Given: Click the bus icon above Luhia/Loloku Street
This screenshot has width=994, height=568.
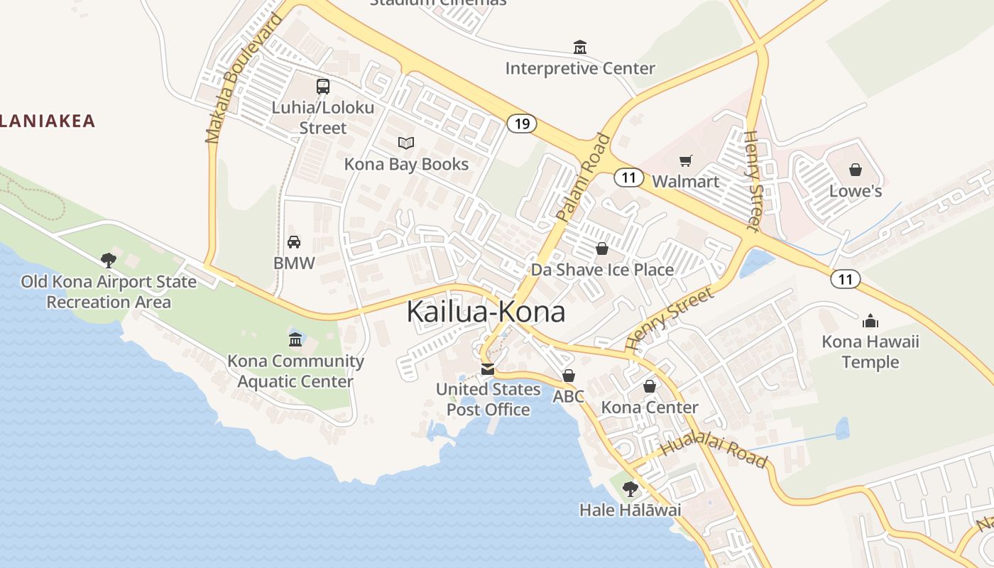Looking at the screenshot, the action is pyautogui.click(x=323, y=87).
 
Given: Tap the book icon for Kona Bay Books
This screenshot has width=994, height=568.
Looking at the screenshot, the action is pyautogui.click(x=405, y=143).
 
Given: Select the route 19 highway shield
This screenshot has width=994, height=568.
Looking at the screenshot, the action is pyautogui.click(x=522, y=124).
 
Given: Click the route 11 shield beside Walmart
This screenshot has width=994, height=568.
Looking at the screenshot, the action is pyautogui.click(x=628, y=177).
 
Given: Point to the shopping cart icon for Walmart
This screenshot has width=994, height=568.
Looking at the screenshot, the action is pyautogui.click(x=685, y=160).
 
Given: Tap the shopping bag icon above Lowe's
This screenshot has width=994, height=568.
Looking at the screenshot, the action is pyautogui.click(x=856, y=170).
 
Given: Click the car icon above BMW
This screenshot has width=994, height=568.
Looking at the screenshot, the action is pyautogui.click(x=293, y=242).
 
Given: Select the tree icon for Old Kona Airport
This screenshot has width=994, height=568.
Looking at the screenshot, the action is pyautogui.click(x=108, y=261).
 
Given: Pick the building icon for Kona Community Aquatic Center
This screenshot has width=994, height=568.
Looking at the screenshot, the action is pyautogui.click(x=295, y=340).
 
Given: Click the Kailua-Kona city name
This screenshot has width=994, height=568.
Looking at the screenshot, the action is pyautogui.click(x=486, y=312).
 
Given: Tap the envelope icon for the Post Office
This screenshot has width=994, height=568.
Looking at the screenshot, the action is pyautogui.click(x=487, y=369).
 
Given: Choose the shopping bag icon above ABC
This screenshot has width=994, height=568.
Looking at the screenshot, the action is pyautogui.click(x=568, y=376).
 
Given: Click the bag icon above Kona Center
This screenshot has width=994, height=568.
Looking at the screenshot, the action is pyautogui.click(x=649, y=386).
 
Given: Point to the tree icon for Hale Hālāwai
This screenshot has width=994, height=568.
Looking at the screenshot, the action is pyautogui.click(x=630, y=489).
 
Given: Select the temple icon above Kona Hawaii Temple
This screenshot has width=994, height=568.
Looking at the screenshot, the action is pyautogui.click(x=870, y=321).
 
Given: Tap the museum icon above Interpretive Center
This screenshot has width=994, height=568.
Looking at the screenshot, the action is pyautogui.click(x=580, y=48).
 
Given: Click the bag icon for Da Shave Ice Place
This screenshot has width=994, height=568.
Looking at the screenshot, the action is pyautogui.click(x=602, y=248).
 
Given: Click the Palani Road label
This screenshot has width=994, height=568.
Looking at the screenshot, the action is pyautogui.click(x=584, y=178).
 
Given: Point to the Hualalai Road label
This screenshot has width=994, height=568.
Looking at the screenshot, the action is pyautogui.click(x=714, y=452).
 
